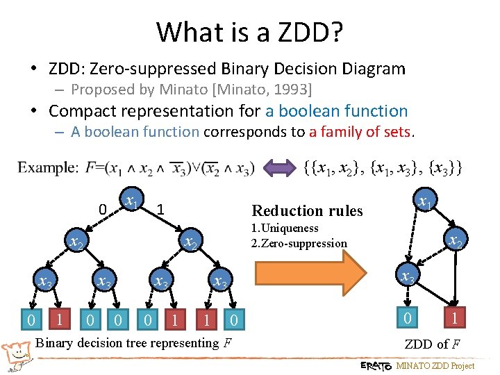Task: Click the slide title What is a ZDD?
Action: click(250, 31)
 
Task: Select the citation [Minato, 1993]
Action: click(272, 90)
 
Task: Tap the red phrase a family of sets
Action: click(361, 132)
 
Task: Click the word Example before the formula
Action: click(48, 167)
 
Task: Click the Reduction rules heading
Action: click(307, 210)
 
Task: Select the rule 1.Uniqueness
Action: click(285, 228)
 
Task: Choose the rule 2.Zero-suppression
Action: click(299, 243)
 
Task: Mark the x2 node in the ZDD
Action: click(455, 241)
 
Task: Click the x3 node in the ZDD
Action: click(408, 278)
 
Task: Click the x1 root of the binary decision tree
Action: click(129, 202)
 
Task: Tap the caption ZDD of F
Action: click(431, 344)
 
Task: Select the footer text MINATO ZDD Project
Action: click(435, 366)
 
